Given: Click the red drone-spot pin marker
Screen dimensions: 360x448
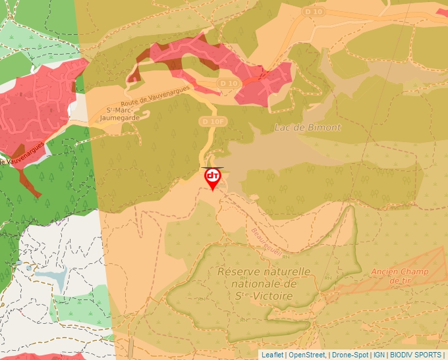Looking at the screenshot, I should [212, 178].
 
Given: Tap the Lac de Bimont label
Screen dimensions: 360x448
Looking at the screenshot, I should [308, 128].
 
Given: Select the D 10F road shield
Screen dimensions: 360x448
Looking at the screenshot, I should [210, 121].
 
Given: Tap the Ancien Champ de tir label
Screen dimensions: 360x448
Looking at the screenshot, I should [400, 276].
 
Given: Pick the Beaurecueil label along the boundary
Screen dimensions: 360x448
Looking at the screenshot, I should [266, 243].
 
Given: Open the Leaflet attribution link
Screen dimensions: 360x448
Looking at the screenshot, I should [272, 355].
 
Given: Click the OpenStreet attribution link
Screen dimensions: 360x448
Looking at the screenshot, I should [307, 355].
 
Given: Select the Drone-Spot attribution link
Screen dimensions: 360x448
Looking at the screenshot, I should [349, 355].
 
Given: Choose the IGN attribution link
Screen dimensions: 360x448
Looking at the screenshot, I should [379, 355].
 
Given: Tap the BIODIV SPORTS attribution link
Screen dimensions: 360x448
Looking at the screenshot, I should [416, 355].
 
